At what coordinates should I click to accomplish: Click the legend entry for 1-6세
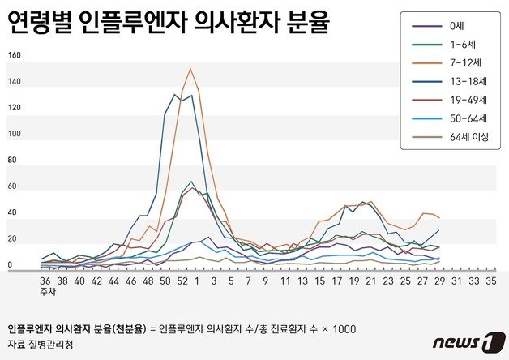point(460,45)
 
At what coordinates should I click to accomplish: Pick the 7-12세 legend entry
point(463,62)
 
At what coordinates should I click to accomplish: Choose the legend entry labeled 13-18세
point(465,81)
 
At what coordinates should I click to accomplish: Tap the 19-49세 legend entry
point(465,100)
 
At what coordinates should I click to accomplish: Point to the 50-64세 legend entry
point(465,118)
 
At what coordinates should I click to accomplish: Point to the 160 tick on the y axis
point(14,55)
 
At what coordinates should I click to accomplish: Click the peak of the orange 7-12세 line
point(190,68)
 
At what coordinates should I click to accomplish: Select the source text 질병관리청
point(50,344)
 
